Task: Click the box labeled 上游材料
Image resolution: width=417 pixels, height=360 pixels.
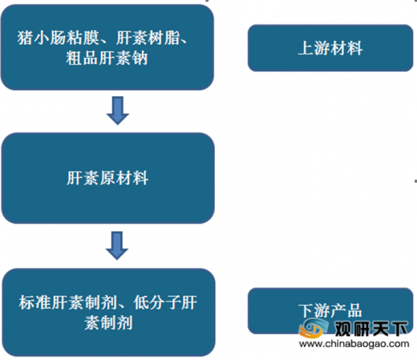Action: pyautogui.click(x=330, y=48)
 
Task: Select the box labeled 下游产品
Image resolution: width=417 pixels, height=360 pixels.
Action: pyautogui.click(x=330, y=311)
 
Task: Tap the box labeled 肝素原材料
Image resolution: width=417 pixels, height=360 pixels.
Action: pyautogui.click(x=108, y=178)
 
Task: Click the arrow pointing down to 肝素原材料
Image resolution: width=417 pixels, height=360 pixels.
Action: pyautogui.click(x=118, y=111)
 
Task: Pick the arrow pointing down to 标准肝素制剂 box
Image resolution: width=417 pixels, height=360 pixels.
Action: pyautogui.click(x=117, y=245)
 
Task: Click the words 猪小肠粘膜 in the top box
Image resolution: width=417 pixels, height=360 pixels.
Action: pyautogui.click(x=59, y=38)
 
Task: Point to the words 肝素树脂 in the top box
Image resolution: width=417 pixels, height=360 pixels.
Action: pyautogui.click(x=148, y=38)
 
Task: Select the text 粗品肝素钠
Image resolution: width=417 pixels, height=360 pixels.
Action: pyautogui.click(x=107, y=58)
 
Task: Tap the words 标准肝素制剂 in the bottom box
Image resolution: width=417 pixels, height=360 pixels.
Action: pyautogui.click(x=68, y=303)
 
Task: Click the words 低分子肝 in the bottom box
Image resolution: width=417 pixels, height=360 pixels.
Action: pyautogui.click(x=165, y=303)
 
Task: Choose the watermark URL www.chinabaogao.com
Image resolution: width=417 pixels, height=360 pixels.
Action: pyautogui.click(x=354, y=343)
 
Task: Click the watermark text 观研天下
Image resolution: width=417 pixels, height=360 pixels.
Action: pyautogui.click(x=371, y=329)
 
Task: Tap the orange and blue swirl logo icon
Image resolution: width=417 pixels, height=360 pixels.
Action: pyautogui.click(x=314, y=328)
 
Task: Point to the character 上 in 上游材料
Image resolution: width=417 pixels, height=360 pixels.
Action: pyautogui.click(x=306, y=48)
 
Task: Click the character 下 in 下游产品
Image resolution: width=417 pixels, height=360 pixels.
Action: pyautogui.click(x=306, y=310)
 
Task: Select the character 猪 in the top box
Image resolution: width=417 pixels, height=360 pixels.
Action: pyautogui.click(x=26, y=38)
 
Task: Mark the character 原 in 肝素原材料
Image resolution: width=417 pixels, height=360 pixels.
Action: pyautogui.click(x=107, y=178)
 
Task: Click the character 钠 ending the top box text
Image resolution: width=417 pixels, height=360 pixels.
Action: pyautogui.click(x=140, y=58)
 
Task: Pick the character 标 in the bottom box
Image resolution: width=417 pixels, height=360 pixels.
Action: pyautogui.click(x=27, y=303)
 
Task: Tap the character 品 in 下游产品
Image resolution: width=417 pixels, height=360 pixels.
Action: pyautogui.click(x=354, y=310)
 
